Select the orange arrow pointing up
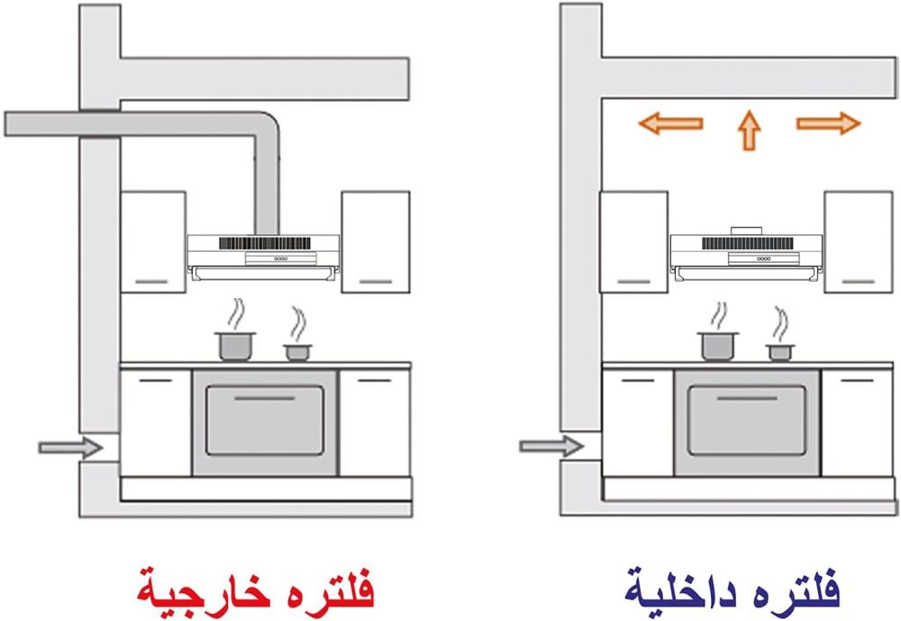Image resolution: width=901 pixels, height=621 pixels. pyautogui.click(x=748, y=130)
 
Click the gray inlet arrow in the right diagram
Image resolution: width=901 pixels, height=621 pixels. pyautogui.click(x=551, y=445)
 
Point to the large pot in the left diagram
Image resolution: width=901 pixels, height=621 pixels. pyautogui.click(x=236, y=345)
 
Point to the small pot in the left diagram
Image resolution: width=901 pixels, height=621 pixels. pyautogui.click(x=296, y=351)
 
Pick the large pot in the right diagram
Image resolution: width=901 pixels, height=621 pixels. pyautogui.click(x=718, y=345)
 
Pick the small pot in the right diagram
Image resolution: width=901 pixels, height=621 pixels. pyautogui.click(x=778, y=351)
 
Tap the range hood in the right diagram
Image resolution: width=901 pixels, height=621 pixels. pyautogui.click(x=747, y=253)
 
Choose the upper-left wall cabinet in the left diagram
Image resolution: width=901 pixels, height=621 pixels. pyautogui.click(x=152, y=240)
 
